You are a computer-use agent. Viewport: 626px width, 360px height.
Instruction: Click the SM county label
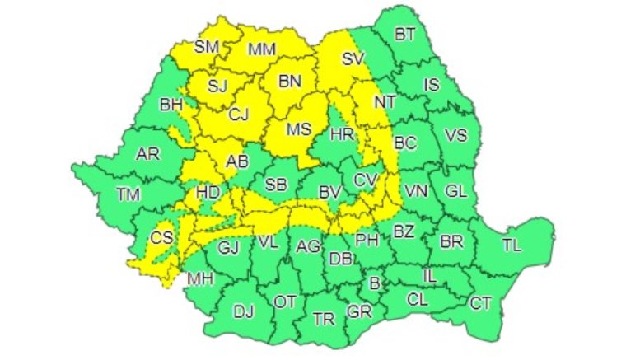[x=207, y=47]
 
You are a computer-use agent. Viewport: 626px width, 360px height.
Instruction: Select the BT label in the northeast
[x=404, y=35]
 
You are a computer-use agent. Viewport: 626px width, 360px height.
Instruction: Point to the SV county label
[x=353, y=58]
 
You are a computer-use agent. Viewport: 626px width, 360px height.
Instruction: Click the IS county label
[x=431, y=84]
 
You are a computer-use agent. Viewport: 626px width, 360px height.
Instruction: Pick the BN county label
[x=291, y=81]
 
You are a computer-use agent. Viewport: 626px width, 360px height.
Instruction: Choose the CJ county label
[x=239, y=115]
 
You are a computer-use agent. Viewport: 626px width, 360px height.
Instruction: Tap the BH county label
[x=171, y=105]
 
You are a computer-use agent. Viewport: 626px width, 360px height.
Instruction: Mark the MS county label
[x=297, y=129]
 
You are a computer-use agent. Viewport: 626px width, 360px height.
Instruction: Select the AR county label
[x=148, y=154]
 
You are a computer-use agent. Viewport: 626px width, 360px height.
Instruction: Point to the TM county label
[x=128, y=194]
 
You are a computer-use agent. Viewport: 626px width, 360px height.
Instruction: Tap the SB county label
[x=276, y=185]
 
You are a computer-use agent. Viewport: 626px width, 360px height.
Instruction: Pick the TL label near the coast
[x=512, y=244]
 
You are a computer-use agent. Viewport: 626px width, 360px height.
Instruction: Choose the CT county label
[x=480, y=303]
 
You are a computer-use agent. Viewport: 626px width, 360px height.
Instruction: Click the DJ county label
[x=244, y=311]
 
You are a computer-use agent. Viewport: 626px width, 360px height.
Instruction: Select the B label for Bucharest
[x=375, y=283]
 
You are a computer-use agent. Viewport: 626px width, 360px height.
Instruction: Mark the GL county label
[x=455, y=190]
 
